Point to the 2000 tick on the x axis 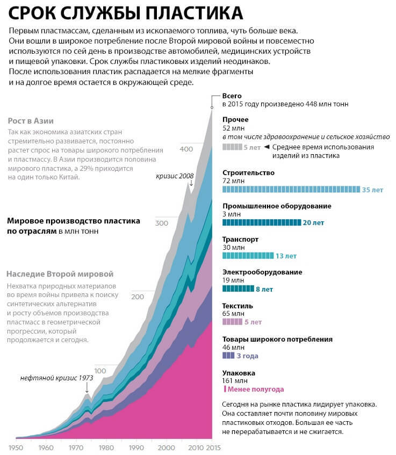click(167, 447)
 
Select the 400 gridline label click(185, 148)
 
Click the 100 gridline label click(100, 371)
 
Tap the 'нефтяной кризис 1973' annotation click(57, 378)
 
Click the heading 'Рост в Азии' click(31, 121)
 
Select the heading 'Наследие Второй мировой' click(60, 274)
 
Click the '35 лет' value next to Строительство click(372, 190)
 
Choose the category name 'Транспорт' click(240, 239)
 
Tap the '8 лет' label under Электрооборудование click(264, 289)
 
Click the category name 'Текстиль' click(237, 306)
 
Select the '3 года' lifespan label click(247, 356)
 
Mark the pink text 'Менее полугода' click(255, 389)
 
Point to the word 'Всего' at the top click(233, 95)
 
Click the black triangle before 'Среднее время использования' click(267, 147)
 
